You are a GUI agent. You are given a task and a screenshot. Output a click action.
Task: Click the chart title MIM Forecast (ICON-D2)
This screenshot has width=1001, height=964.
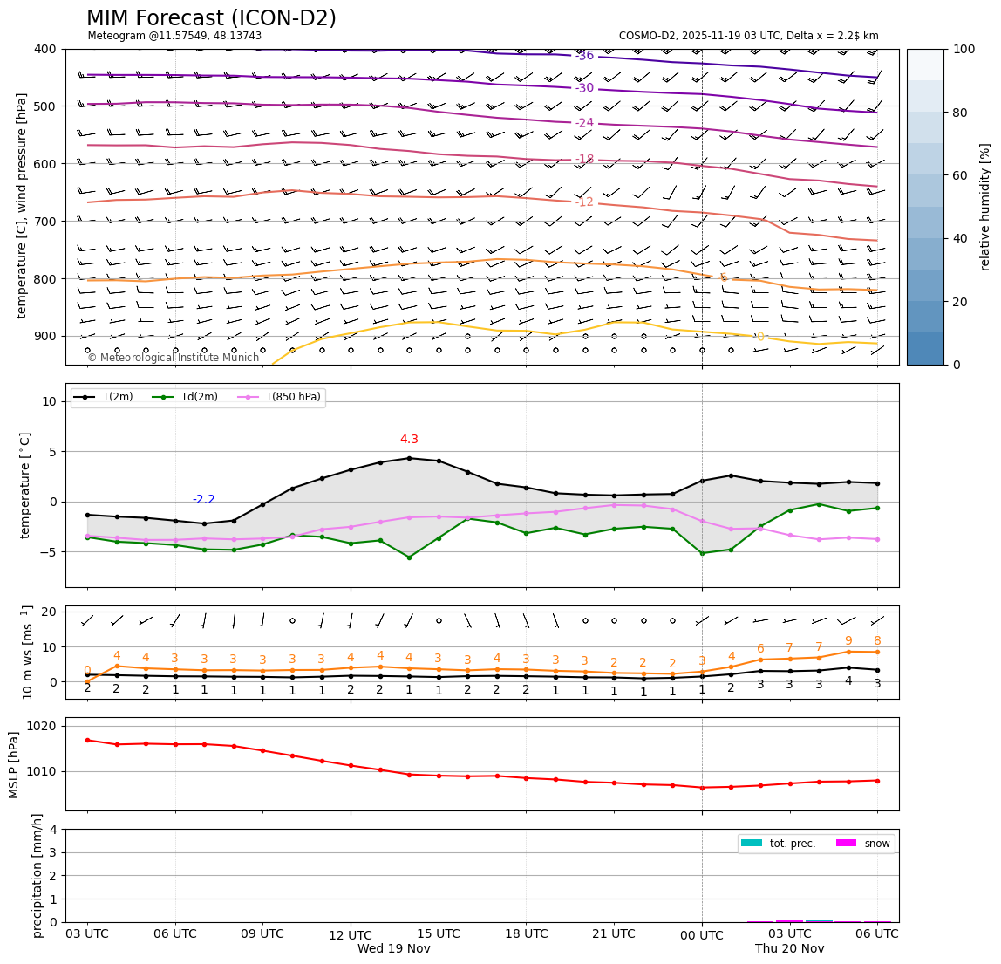click(211, 18)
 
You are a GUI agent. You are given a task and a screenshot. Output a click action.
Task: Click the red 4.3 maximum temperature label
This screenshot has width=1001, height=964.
click(409, 440)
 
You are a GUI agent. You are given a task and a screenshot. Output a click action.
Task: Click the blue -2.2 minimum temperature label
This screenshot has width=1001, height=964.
click(203, 500)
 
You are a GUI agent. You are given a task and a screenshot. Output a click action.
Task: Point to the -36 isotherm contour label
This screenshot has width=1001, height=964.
click(584, 56)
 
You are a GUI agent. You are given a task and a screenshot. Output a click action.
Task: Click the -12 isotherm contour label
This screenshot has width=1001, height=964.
click(584, 202)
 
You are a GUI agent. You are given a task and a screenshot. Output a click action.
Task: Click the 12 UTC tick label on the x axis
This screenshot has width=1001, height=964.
click(351, 933)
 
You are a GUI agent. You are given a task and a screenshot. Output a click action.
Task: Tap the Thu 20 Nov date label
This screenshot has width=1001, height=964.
click(789, 949)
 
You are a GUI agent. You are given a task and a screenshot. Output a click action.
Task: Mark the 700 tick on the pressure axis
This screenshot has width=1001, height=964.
click(44, 222)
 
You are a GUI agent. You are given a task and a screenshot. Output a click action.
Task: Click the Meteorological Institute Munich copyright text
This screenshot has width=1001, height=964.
click(173, 358)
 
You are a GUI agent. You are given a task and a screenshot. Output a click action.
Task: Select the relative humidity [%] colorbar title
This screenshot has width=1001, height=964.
click(985, 207)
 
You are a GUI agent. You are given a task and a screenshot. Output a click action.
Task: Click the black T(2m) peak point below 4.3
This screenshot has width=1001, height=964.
click(409, 458)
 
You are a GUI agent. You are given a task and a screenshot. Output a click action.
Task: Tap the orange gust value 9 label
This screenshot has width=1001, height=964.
click(848, 641)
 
